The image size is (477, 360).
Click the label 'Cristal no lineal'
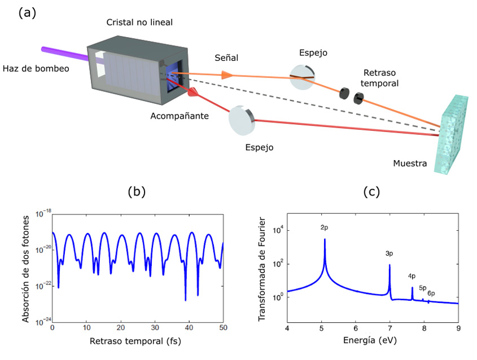click(x=139, y=22)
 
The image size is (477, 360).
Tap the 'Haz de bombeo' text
click(x=36, y=68)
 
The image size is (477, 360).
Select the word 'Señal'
click(x=226, y=58)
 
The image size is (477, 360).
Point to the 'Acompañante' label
click(x=180, y=116)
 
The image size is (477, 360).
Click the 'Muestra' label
click(x=410, y=163)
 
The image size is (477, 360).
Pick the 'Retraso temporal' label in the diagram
click(x=380, y=78)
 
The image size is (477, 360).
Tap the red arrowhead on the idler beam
click(x=193, y=92)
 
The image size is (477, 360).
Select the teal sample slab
click(x=451, y=134)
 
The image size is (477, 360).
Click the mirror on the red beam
click(x=242, y=120)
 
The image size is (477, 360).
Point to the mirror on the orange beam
click(x=302, y=77)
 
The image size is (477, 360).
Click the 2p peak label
click(x=324, y=227)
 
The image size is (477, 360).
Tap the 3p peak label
click(x=389, y=253)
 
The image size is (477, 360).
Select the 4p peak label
click(x=412, y=276)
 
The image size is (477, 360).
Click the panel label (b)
click(x=137, y=191)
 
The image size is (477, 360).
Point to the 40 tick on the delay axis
click(x=189, y=328)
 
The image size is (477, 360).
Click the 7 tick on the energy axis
click(x=390, y=328)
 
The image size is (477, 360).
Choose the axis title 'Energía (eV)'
click(x=370, y=340)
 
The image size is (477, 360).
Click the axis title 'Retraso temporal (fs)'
click(x=135, y=341)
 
